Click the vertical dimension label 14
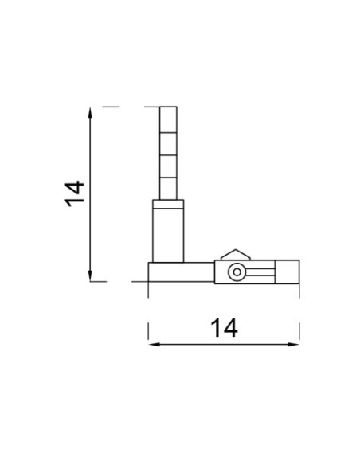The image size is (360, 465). pos(74,193)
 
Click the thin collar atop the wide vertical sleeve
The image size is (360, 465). pos(168,204)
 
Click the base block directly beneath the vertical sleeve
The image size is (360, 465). pos(180,272)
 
